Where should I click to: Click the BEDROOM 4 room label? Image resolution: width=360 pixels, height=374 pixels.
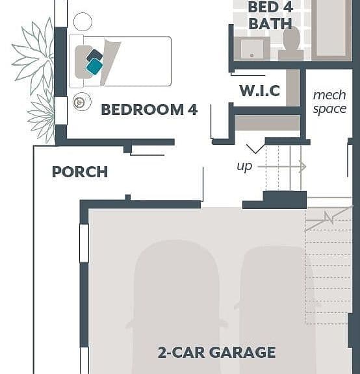pos(149,110)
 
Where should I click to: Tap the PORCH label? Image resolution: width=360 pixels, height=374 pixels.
pos(80,171)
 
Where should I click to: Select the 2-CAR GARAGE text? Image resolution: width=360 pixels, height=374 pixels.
pos(216,353)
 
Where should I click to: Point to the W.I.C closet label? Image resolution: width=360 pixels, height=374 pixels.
pos(259,90)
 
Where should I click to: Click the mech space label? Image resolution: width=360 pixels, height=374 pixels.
pos(329,101)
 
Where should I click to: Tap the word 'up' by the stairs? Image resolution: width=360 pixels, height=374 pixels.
pos(244,166)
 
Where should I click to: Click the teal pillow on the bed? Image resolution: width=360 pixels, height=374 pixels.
pos(94,66)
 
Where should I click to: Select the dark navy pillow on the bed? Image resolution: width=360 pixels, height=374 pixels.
pos(94,55)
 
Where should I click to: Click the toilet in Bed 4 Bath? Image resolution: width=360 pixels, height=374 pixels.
pos(291,44)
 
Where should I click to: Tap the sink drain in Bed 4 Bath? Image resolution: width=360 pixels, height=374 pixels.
pos(252,55)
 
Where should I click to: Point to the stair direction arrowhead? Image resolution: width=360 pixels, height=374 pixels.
pos(303,167)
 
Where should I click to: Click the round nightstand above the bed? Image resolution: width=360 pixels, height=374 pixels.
pos(83,21)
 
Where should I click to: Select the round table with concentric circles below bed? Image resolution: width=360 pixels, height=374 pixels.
pos(82,101)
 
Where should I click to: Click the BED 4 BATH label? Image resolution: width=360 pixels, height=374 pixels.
pos(270,16)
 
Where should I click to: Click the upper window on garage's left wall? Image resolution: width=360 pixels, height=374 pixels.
pos(84,243)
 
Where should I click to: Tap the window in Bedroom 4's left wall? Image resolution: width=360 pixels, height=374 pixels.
pos(61,110)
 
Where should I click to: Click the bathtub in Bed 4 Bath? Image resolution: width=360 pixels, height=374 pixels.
pos(331,30)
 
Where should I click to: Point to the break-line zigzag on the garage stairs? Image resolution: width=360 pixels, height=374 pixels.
pos(329,218)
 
